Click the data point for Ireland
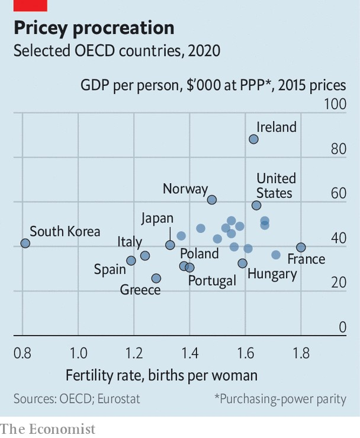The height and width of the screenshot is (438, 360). point(253,139)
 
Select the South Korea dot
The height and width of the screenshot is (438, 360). point(25,244)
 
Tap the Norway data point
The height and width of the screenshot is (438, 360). point(212,200)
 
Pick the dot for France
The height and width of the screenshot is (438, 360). point(301,247)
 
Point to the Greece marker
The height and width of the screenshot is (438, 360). point(156,278)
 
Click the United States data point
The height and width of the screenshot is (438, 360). point(256,206)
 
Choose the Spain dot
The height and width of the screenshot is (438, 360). point(131,260)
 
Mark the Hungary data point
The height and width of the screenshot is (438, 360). point(242,263)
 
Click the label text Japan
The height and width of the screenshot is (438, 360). point(157,218)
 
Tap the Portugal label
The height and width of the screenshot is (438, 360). point(212,280)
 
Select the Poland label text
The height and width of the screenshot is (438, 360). point(199,254)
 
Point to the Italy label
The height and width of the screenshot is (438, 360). point(130,242)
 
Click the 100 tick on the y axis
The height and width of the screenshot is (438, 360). point(335,104)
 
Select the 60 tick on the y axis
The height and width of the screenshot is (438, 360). point(338,193)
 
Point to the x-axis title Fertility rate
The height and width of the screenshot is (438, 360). point(162,375)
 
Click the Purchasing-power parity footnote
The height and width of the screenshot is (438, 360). point(280,399)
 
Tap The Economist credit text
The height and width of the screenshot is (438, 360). point(47,429)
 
